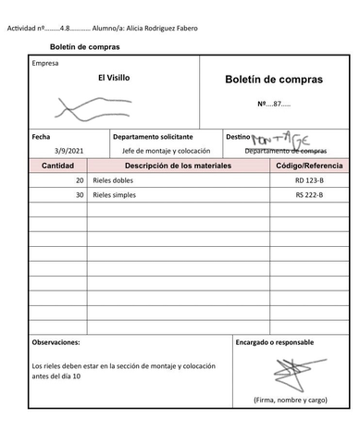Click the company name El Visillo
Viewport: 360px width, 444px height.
(114, 78)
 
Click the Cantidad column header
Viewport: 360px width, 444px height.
(58, 165)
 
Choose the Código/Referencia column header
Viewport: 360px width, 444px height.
(309, 165)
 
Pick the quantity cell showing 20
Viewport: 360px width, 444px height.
(79, 180)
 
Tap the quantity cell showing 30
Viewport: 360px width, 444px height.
(79, 195)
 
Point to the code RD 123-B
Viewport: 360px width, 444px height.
(309, 180)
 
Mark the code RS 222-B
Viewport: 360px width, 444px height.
(309, 195)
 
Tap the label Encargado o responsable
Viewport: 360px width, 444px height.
(275, 342)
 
